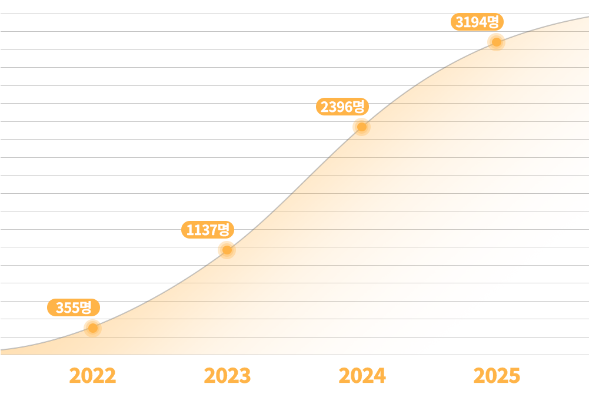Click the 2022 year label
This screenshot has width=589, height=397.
tap(92, 376)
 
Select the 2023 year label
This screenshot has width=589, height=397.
tap(227, 376)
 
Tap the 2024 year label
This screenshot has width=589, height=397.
tap(362, 376)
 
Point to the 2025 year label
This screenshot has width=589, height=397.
tap(497, 376)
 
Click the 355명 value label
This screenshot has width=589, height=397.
tap(74, 307)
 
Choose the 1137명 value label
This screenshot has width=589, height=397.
tap(208, 230)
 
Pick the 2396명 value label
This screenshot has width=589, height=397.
tap(343, 107)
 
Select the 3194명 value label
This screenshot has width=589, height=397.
tap(478, 22)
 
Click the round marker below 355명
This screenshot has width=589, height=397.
tap(92, 326)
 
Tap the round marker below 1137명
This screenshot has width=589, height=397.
tap(226, 249)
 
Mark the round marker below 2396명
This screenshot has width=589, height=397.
tap(361, 125)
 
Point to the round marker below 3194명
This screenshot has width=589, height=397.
tap(496, 41)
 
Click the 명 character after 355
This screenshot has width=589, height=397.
tap(85, 307)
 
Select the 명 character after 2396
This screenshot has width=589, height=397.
tap(360, 107)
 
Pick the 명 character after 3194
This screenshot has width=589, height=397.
tap(494, 22)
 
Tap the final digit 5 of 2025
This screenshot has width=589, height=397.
tap(514, 376)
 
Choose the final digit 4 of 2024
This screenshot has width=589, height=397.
tap(380, 376)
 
